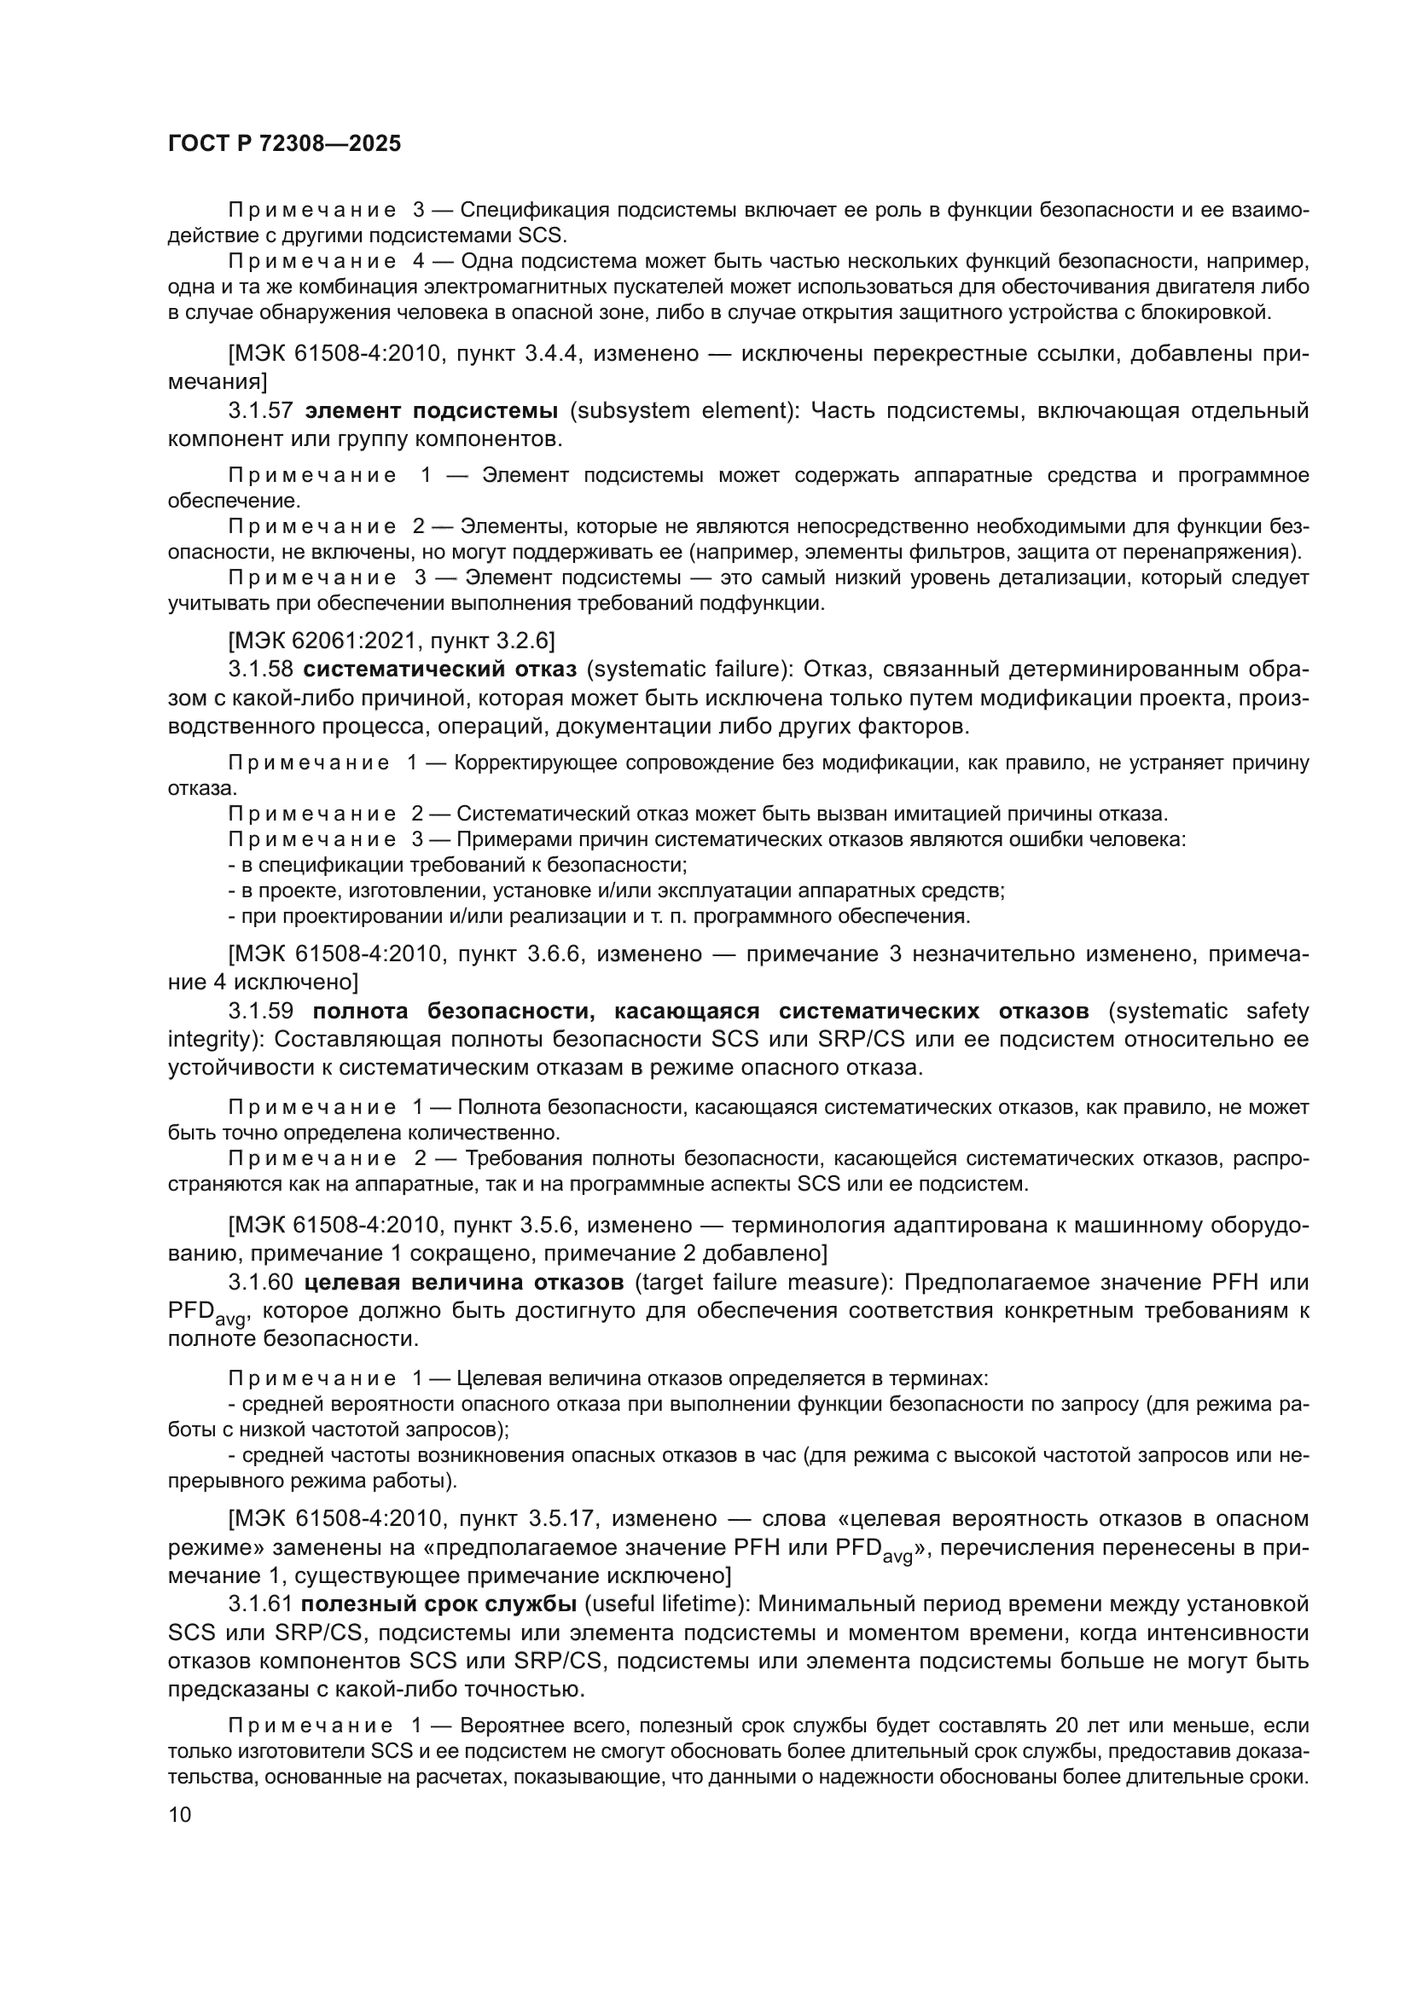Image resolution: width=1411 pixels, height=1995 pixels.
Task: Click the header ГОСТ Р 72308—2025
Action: pos(284,144)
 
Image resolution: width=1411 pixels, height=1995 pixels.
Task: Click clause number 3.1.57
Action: pos(261,410)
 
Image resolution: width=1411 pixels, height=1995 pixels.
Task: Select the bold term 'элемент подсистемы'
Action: pos(433,410)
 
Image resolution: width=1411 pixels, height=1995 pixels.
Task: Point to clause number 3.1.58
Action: pos(261,669)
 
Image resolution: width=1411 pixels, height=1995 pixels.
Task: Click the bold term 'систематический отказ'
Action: pos(439,669)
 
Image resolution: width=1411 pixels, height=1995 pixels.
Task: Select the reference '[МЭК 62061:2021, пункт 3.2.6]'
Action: pos(391,641)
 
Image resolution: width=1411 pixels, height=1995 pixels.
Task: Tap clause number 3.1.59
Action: pos(261,1011)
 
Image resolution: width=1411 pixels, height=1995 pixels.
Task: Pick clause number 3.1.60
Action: pos(261,1282)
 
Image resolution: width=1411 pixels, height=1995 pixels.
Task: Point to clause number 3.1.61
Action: pos(261,1604)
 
